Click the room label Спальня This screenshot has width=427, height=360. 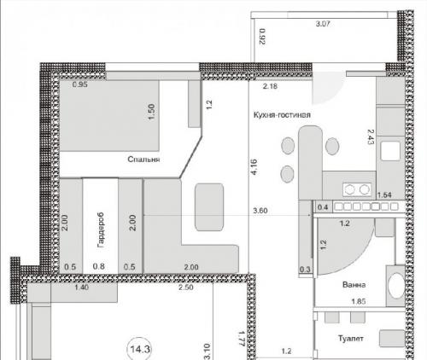[x=143, y=160]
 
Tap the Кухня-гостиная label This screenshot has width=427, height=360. [x=282, y=115]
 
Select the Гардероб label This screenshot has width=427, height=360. [x=101, y=229]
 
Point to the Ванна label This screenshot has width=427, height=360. [x=354, y=285]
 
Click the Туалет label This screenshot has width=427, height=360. [x=351, y=339]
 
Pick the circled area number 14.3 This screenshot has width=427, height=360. [x=139, y=349]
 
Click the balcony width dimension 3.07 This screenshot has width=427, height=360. [x=323, y=24]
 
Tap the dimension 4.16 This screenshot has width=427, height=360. [x=254, y=167]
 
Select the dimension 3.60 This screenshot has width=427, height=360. [x=260, y=211]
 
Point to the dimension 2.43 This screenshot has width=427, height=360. [x=371, y=136]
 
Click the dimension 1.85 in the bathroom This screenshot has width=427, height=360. [x=359, y=301]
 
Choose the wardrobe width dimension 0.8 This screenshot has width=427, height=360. [x=98, y=266]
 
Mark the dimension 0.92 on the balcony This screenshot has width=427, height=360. [x=262, y=36]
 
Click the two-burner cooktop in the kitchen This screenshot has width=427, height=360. [x=357, y=189]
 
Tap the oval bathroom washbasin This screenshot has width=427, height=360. [x=396, y=286]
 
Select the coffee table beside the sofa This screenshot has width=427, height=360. [x=209, y=207]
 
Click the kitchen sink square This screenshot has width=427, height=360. [x=391, y=150]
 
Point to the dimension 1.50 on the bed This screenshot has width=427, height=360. [x=151, y=112]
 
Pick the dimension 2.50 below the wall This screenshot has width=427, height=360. [x=186, y=287]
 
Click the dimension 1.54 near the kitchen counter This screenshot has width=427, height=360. [x=384, y=195]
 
